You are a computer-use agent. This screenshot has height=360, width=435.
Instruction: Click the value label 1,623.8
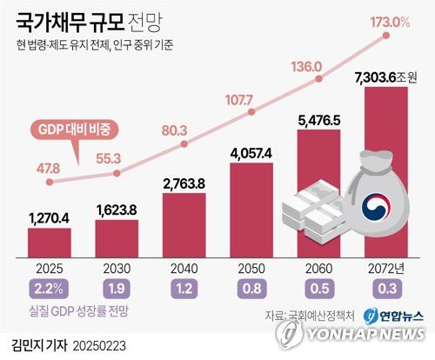point(117,209)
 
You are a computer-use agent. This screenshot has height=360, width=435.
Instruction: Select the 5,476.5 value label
point(322,118)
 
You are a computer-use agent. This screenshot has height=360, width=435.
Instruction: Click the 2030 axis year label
point(117,269)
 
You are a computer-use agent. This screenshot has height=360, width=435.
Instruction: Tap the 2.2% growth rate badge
point(49,287)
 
